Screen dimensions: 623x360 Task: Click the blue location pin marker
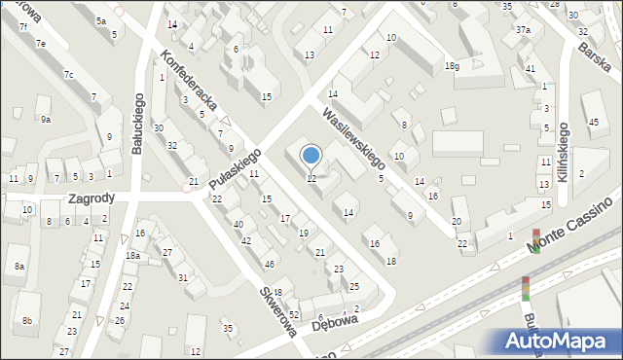click(x=311, y=155)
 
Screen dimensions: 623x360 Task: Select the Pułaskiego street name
click(x=235, y=173)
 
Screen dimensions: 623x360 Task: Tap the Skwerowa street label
click(x=277, y=309)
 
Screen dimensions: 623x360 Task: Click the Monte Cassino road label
click(x=573, y=225)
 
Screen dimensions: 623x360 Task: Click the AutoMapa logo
click(x=560, y=342)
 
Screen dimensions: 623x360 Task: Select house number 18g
click(x=451, y=65)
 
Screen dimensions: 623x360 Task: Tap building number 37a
click(x=523, y=30)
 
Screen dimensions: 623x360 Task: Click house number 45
click(x=594, y=122)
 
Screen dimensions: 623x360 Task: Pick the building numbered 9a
click(x=45, y=120)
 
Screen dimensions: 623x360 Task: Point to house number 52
click(x=293, y=314)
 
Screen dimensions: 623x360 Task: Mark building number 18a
click(x=132, y=255)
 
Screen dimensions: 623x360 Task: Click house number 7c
click(x=68, y=75)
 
